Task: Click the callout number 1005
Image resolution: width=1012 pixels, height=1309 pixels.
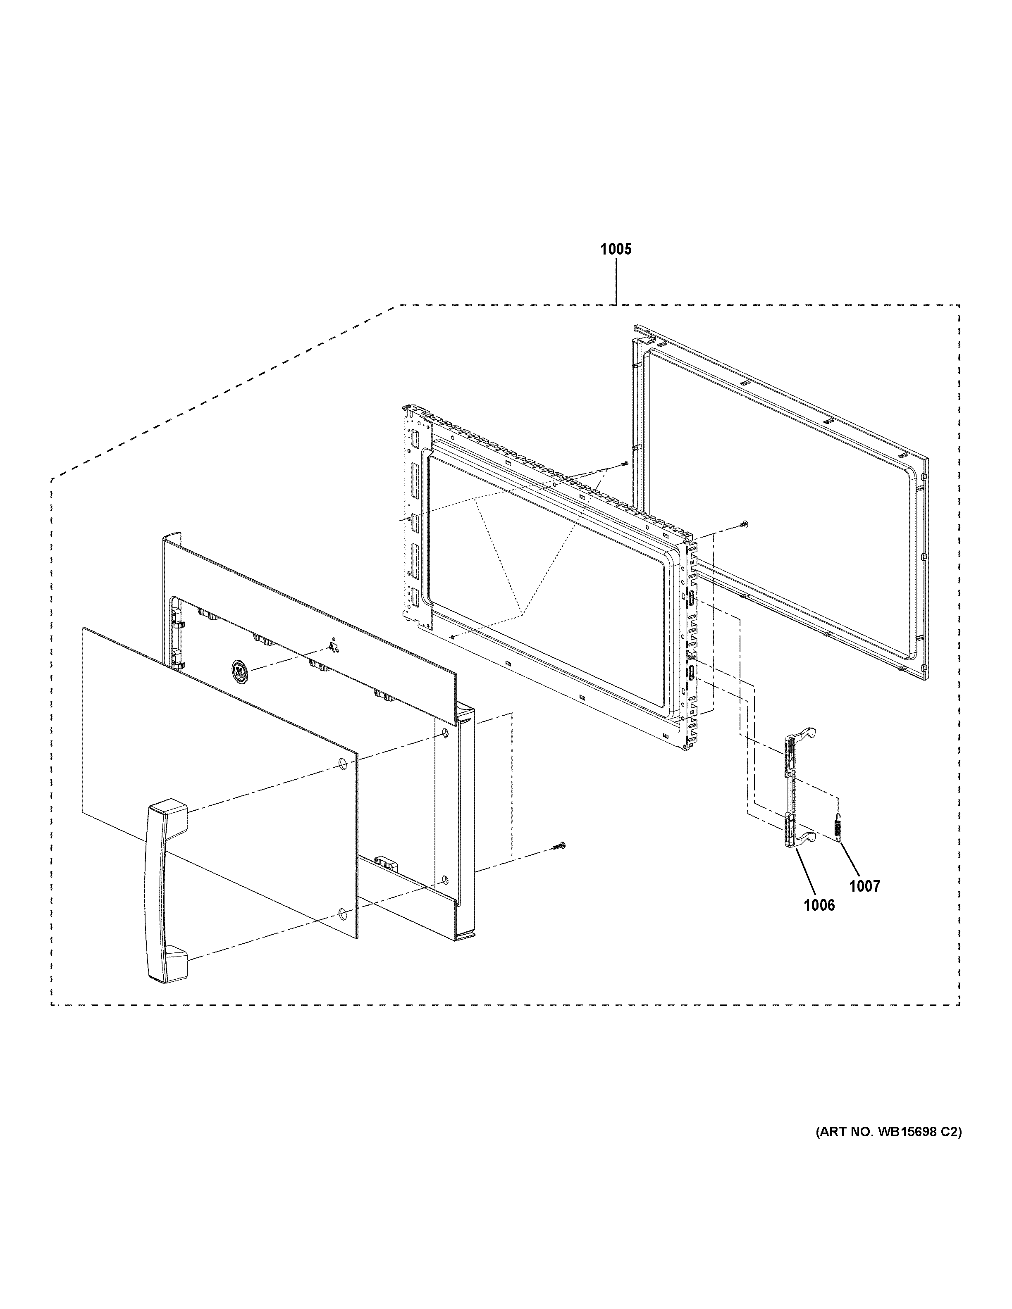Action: point(616,249)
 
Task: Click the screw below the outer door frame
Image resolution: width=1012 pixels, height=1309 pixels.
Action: point(559,845)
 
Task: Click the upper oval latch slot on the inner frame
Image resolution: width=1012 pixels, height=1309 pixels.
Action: point(692,597)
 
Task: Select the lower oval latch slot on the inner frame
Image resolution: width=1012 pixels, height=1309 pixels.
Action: point(692,673)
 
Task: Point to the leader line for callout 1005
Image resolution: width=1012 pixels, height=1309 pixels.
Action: point(616,282)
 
